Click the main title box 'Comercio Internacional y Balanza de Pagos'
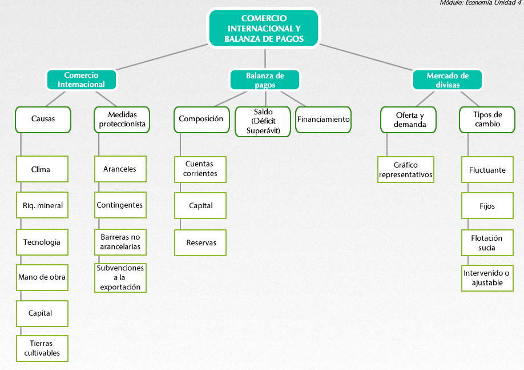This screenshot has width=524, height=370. tap(264, 28)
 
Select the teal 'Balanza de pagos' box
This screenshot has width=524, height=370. tap(265, 79)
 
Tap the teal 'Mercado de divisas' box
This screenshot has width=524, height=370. tap(448, 79)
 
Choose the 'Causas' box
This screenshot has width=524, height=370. tap(43, 120)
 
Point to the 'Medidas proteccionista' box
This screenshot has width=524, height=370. tap(122, 120)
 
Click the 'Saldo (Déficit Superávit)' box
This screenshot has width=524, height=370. tap(263, 122)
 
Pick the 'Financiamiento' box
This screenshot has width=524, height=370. tap(323, 120)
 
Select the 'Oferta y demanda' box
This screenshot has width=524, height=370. tap(408, 120)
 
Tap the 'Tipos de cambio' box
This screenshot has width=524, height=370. tap(487, 120)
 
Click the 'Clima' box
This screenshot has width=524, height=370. tap(42, 169)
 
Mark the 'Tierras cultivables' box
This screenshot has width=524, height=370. tap(42, 349)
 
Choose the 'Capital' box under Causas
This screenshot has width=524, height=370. tap(42, 313)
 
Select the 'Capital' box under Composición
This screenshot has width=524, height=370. tap(200, 206)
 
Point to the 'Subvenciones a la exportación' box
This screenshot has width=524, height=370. tap(120, 277)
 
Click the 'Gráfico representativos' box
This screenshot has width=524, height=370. tap(406, 169)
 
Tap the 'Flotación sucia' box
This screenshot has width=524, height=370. tap(487, 243)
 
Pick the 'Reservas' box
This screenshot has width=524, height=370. tap(200, 243)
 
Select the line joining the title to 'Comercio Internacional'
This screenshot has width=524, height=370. tap(162, 57)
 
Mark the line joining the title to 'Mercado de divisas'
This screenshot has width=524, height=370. tap(366, 57)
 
